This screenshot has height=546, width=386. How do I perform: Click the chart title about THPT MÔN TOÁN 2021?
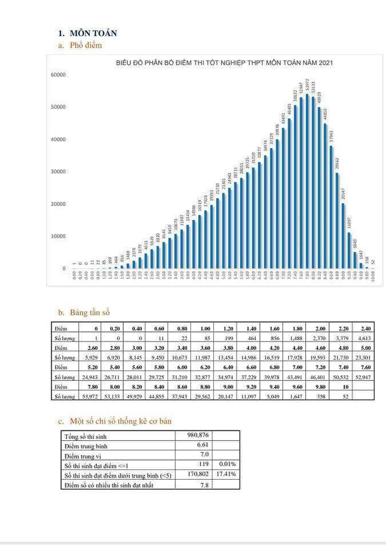point(224,63)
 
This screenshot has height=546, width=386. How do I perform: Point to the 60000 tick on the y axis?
point(58,75)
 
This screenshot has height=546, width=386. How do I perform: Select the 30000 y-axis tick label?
point(58,172)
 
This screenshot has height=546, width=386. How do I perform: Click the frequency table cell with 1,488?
point(292,338)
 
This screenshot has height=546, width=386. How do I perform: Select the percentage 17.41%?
point(226,474)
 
